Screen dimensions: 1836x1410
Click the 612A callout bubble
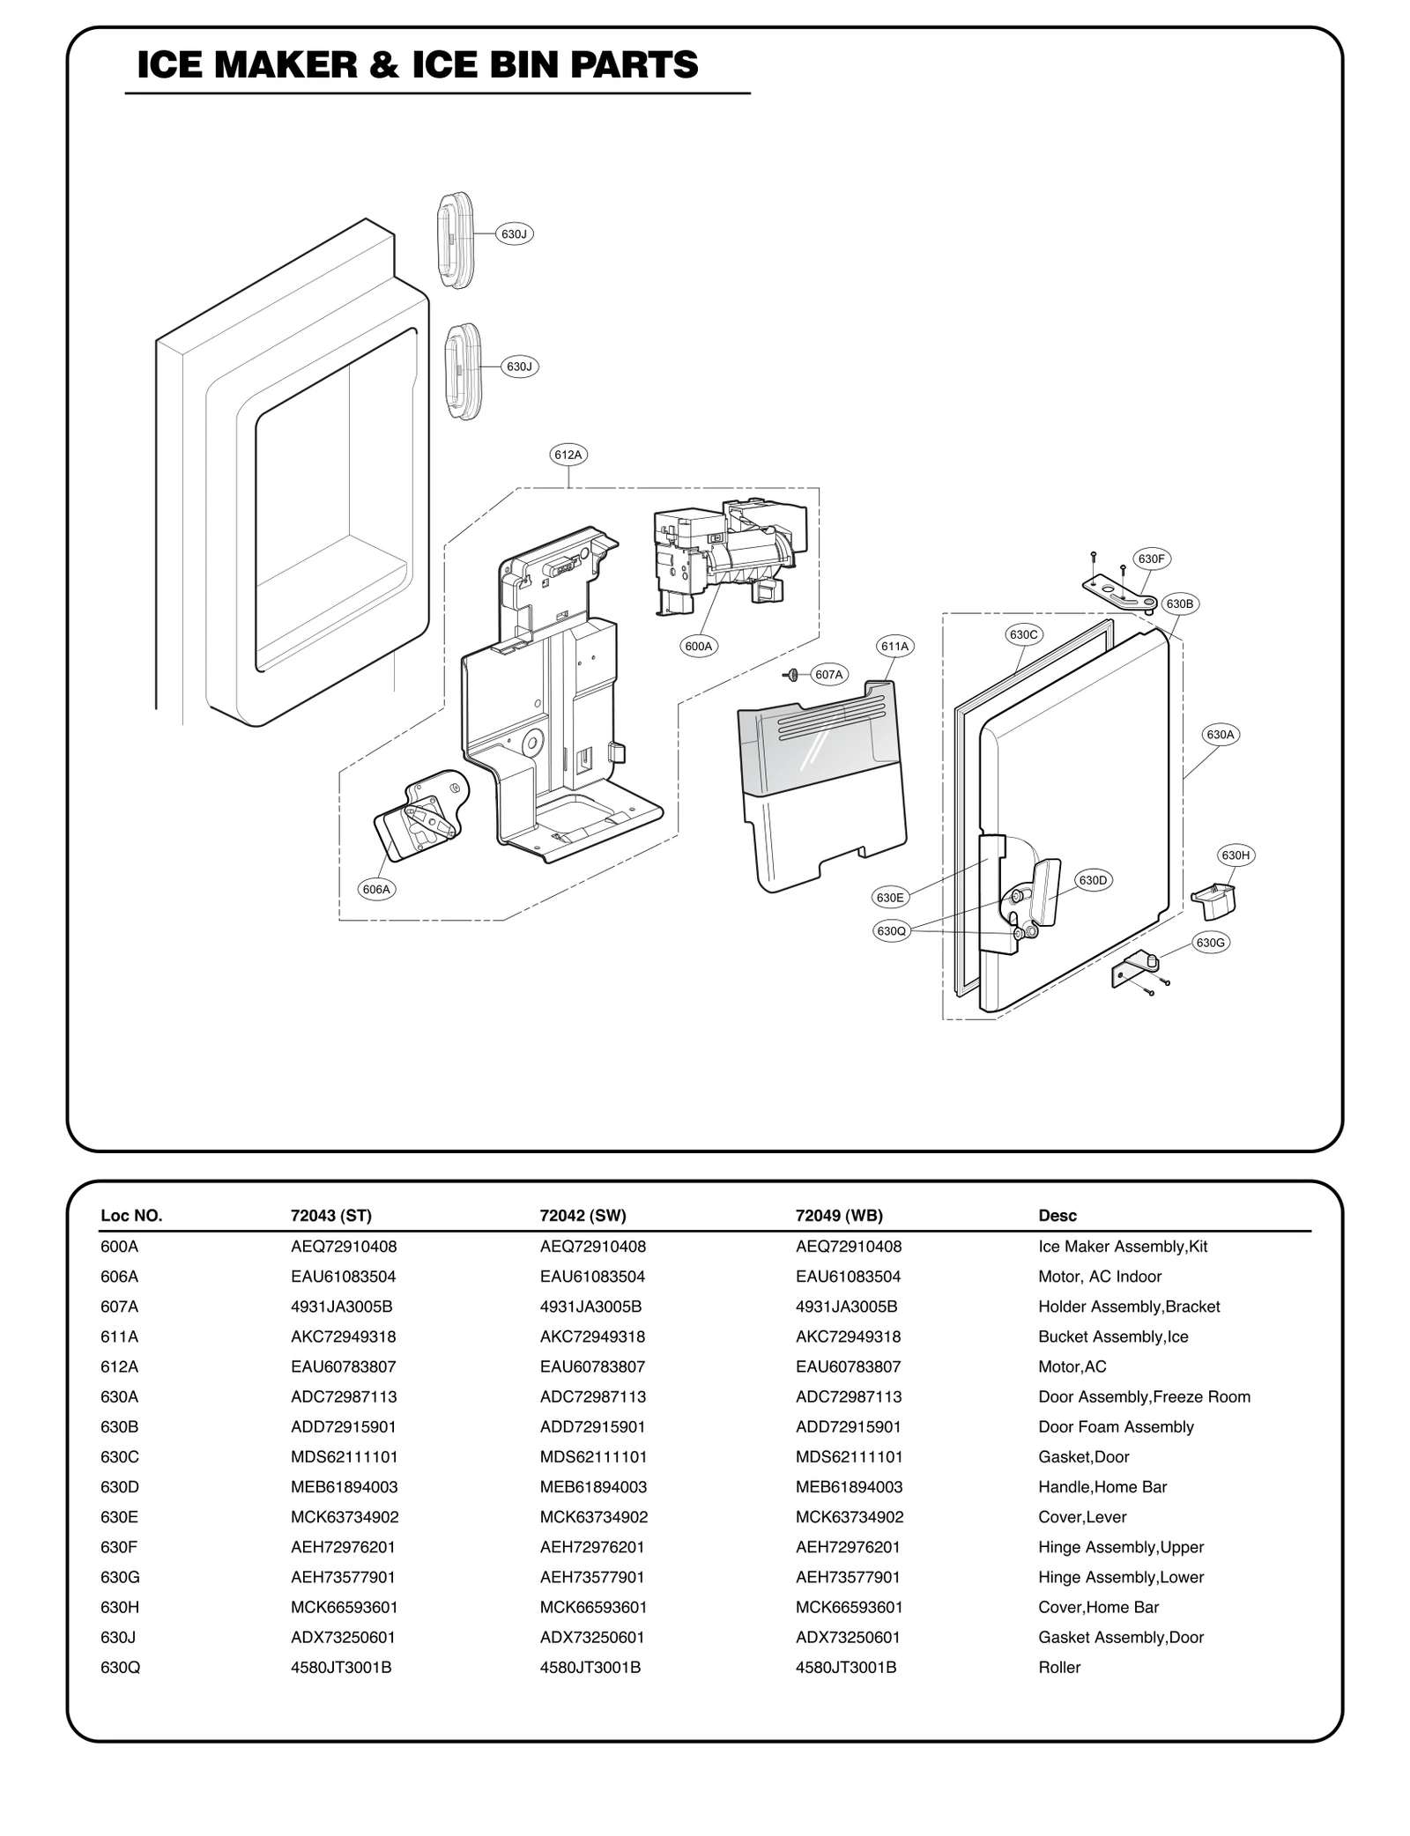(568, 455)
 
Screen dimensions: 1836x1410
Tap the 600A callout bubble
(699, 646)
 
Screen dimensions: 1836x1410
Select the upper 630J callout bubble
(514, 233)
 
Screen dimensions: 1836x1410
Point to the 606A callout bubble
(376, 889)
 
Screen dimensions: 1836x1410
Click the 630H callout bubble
(1235, 855)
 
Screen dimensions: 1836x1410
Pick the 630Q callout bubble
(891, 930)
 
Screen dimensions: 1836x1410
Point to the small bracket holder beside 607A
(792, 675)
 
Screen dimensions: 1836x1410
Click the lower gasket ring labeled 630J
(464, 370)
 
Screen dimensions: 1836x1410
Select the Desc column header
(1057, 1216)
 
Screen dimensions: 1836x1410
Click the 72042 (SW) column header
(583, 1216)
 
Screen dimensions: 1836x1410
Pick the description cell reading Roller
(1058, 1667)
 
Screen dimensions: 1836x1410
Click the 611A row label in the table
(119, 1336)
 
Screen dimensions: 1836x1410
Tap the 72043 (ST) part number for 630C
(344, 1456)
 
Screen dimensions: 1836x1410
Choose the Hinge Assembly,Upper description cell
(1120, 1547)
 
